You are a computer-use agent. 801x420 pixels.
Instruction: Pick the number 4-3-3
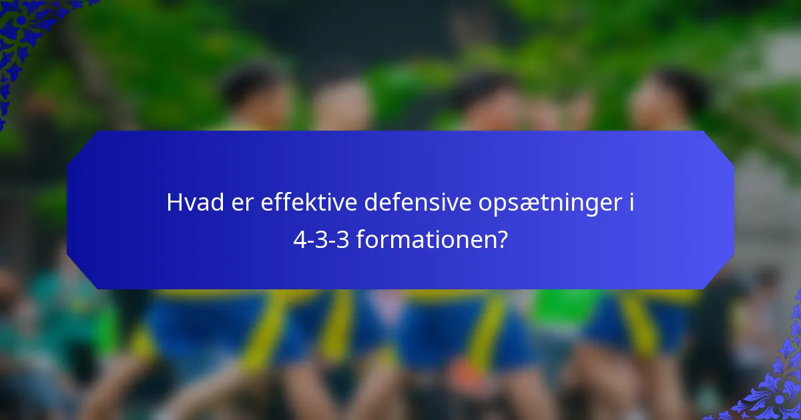point(321,239)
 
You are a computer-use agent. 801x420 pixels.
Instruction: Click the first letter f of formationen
point(360,239)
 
